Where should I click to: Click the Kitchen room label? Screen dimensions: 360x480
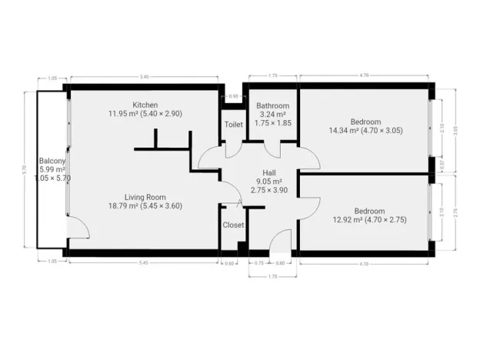145,105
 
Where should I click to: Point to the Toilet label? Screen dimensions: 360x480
234,124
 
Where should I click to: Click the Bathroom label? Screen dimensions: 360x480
272,105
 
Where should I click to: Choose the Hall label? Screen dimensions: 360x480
268,172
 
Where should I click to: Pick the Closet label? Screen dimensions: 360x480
233,225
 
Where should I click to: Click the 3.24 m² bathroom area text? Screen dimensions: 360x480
272,114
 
